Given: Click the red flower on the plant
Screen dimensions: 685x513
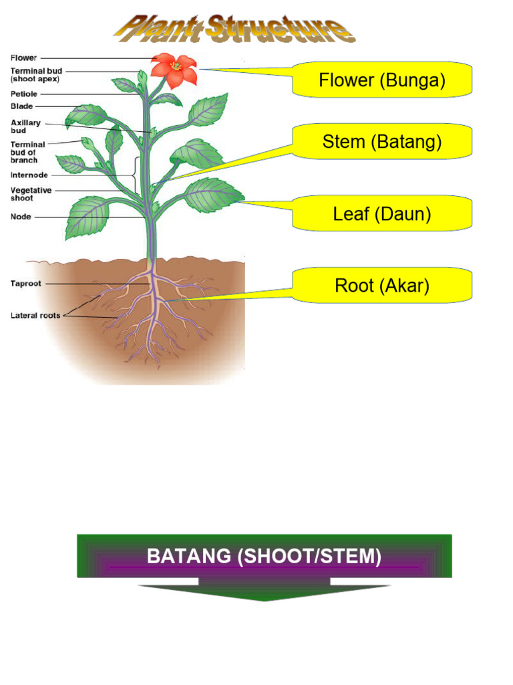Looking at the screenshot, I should click(174, 70).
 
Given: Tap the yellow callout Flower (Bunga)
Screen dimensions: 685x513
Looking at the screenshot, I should click(382, 80).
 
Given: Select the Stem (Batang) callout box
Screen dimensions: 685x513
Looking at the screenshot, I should click(382, 142).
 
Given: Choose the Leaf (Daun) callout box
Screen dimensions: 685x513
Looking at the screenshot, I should click(382, 214).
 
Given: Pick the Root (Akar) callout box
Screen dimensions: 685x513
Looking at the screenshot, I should click(382, 286).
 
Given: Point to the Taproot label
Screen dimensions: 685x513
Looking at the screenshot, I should click(26, 284).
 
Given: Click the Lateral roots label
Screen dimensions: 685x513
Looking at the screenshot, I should click(35, 316).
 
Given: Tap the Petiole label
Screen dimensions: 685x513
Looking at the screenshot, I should click(24, 94).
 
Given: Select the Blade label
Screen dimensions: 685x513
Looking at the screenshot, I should click(22, 106).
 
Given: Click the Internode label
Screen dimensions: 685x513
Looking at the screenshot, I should click(29, 175).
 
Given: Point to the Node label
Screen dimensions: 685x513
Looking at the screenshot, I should click(21, 217).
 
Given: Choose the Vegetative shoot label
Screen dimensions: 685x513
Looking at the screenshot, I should click(31, 194).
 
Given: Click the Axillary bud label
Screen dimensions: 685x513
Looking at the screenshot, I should click(26, 126).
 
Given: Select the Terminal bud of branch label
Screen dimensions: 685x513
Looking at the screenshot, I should click(28, 153).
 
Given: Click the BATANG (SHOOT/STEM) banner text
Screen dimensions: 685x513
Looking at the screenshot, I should click(264, 557).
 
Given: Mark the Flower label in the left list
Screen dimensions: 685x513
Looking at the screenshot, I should click(24, 58).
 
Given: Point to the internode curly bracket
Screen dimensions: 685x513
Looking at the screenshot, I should click(137, 175).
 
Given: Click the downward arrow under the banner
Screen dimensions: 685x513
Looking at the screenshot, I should click(265, 592).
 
